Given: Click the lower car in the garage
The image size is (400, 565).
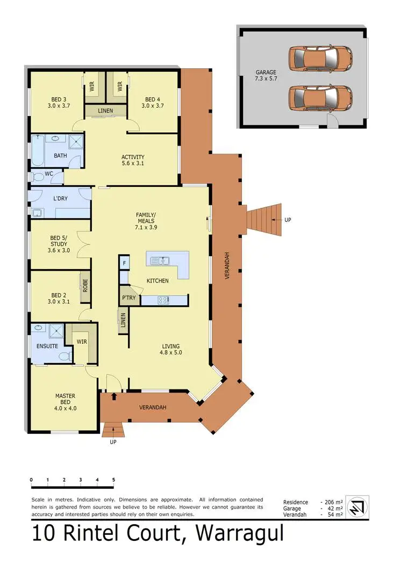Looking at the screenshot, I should (320, 97).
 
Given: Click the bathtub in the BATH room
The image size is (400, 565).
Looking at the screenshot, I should (38, 150).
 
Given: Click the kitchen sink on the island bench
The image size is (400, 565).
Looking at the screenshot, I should (161, 261).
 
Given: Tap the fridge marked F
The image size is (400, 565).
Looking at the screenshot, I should (124, 263).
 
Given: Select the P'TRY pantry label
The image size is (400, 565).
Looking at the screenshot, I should (129, 298).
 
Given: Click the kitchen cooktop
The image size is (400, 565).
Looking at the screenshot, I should (163, 300).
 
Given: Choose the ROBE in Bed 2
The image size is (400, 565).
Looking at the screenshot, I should (84, 283).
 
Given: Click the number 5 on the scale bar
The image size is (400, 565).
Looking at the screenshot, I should (113, 480).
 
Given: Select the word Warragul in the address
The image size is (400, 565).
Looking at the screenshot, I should (239, 534).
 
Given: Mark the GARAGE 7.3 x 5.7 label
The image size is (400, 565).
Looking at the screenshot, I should (265, 76).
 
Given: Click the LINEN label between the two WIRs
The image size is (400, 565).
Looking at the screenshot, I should (105, 111).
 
